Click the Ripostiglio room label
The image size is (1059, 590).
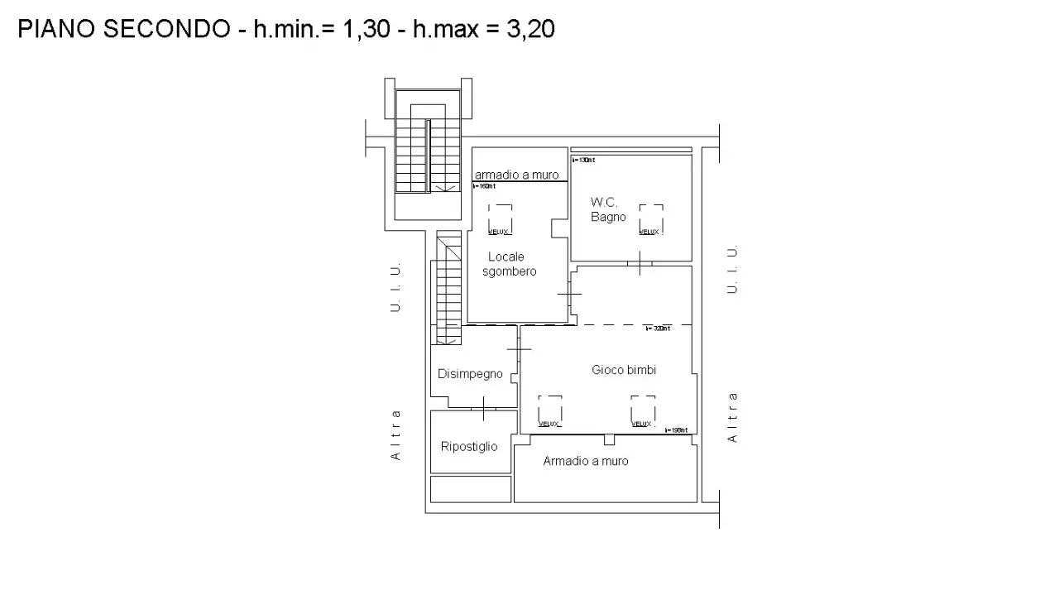pos(469,447)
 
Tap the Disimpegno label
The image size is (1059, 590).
pos(470,374)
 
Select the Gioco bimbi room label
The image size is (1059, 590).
pos(624,370)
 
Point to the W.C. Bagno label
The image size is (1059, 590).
pos(608,209)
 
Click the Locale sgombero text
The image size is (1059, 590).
pos(509,264)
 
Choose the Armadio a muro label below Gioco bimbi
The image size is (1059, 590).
pos(585,461)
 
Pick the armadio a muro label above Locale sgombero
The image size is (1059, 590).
pos(516,175)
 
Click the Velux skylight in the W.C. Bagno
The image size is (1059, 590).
pos(650,220)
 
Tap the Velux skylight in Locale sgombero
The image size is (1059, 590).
pos(500,220)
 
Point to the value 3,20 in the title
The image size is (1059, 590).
pos(530,30)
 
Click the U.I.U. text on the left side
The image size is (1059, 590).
pos(395,287)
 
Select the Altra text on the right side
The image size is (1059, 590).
pos(732,416)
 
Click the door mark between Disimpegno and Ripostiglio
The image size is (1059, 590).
pos(483,408)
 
